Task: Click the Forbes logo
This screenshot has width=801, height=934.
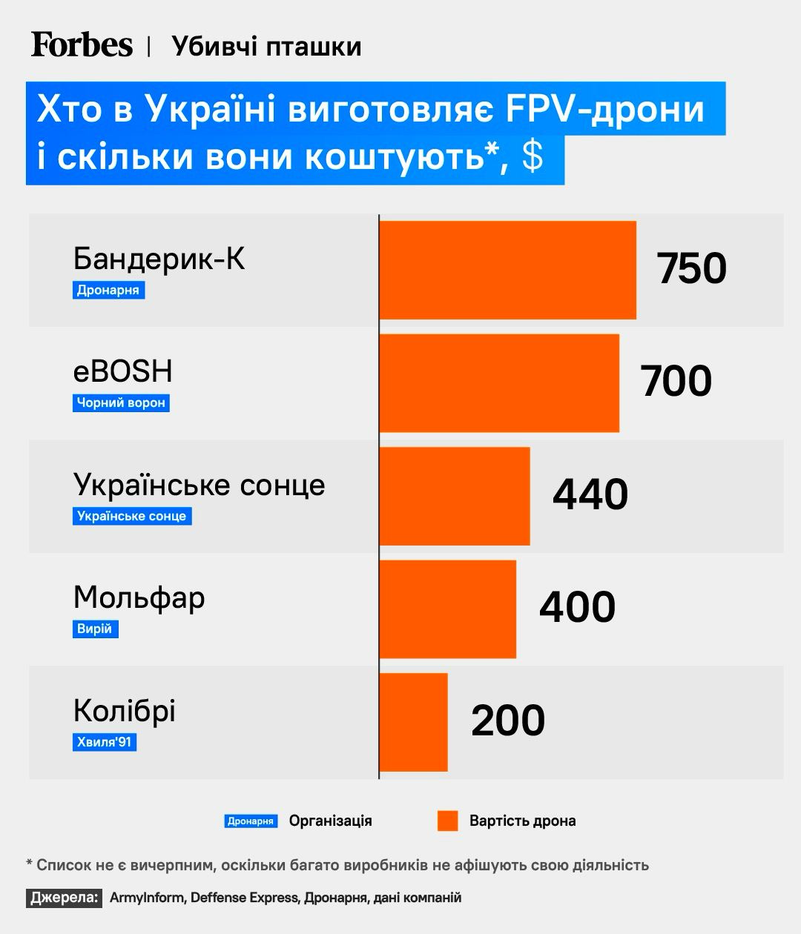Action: (82, 45)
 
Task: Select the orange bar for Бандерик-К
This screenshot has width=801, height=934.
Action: (507, 270)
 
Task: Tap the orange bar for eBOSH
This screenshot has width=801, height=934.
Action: (499, 382)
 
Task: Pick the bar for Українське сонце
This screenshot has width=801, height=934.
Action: (455, 496)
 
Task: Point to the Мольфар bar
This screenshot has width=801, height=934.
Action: (447, 609)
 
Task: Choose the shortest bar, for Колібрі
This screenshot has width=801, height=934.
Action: (413, 722)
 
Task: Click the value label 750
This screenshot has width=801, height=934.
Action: (691, 268)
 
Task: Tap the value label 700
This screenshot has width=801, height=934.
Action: (676, 381)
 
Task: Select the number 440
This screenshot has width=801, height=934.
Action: (590, 494)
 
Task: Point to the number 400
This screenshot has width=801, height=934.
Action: (577, 607)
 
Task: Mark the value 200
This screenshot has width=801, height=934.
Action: (508, 721)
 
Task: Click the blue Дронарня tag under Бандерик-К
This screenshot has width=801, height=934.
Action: (108, 290)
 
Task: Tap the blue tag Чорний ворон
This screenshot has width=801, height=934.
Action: (121, 403)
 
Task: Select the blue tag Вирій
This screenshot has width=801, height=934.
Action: (95, 629)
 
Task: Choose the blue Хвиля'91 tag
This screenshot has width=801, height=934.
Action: (105, 742)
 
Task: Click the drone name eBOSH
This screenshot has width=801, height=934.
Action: (122, 371)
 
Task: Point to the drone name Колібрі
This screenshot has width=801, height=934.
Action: (124, 711)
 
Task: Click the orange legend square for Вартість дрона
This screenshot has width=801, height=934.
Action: (447, 821)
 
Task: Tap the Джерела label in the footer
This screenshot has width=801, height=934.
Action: (65, 898)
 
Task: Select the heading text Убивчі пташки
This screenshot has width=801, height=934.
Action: (266, 47)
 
